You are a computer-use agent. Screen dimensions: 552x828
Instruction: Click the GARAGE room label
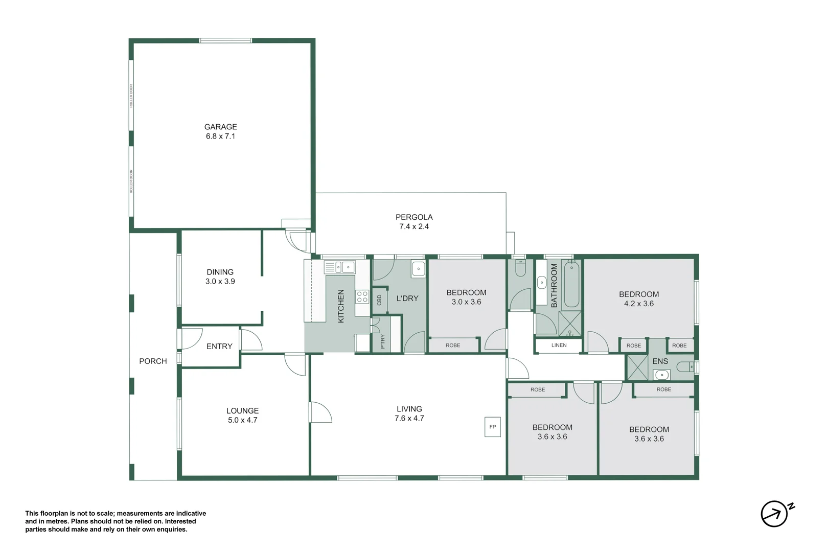[220, 127]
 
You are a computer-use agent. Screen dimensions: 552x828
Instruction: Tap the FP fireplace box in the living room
[492, 427]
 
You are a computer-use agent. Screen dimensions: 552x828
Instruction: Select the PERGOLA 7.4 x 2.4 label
[413, 222]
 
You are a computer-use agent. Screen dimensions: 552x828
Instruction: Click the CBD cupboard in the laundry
[379, 300]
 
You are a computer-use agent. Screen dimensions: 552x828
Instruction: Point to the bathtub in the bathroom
[571, 284]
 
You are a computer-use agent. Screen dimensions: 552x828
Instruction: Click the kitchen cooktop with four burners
[362, 296]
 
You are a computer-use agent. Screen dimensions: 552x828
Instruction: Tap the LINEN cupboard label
[559, 346]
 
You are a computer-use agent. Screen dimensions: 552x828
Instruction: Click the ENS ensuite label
[660, 361]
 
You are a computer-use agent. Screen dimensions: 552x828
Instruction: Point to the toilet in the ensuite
[685, 367]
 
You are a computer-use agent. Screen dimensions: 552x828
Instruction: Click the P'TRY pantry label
[382, 341]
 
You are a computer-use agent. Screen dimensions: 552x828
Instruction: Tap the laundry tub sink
[418, 269]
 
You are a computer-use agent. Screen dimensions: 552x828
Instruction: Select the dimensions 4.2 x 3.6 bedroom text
[638, 304]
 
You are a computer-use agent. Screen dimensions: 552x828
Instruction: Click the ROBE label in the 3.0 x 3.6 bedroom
[452, 346]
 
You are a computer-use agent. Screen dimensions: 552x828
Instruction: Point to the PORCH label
[153, 361]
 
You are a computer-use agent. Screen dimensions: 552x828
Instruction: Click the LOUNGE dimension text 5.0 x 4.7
[242, 420]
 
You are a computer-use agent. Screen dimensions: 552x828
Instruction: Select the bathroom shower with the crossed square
[569, 324]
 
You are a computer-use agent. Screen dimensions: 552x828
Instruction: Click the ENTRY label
[219, 347]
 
